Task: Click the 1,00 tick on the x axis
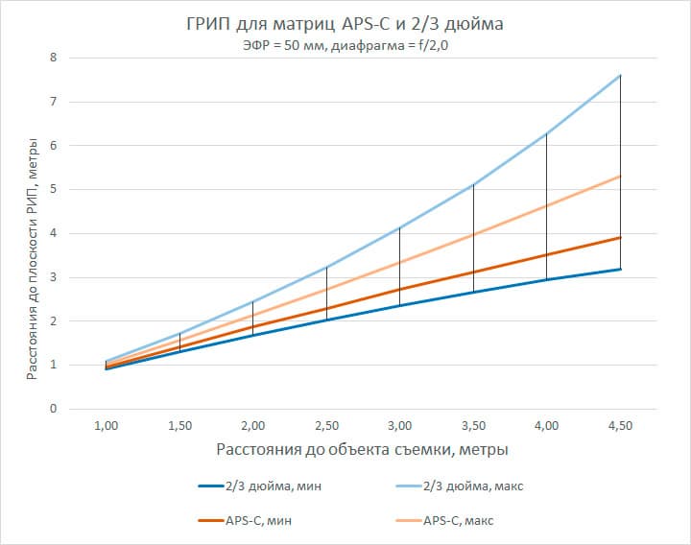pyautogui.click(x=107, y=425)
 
